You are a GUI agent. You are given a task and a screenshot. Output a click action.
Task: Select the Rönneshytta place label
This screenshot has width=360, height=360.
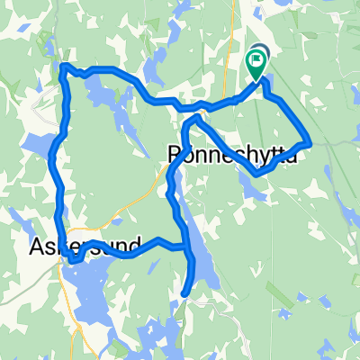coord(232,156)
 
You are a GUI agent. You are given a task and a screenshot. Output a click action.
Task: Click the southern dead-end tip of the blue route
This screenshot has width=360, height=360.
coord(185,293)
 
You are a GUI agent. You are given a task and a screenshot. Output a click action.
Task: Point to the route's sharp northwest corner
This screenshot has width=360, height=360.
coord(63,65)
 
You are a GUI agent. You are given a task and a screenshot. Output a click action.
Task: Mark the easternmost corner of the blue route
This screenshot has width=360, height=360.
coord(310,142)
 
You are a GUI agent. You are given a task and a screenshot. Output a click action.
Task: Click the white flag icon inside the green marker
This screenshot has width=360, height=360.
coord(256,61)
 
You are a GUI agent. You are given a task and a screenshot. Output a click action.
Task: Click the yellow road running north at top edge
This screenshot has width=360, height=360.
coord(236,13)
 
